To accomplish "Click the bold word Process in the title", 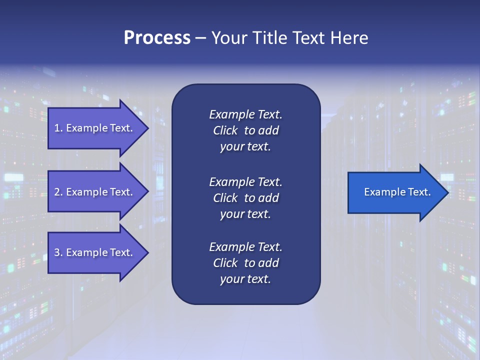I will (157, 38).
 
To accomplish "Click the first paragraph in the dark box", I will (245, 130).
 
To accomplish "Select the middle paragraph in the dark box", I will (245, 198).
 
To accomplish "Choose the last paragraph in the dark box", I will (245, 263).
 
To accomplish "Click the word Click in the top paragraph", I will (225, 130).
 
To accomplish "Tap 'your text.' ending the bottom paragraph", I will (245, 279).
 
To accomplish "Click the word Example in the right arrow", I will (381, 192).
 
